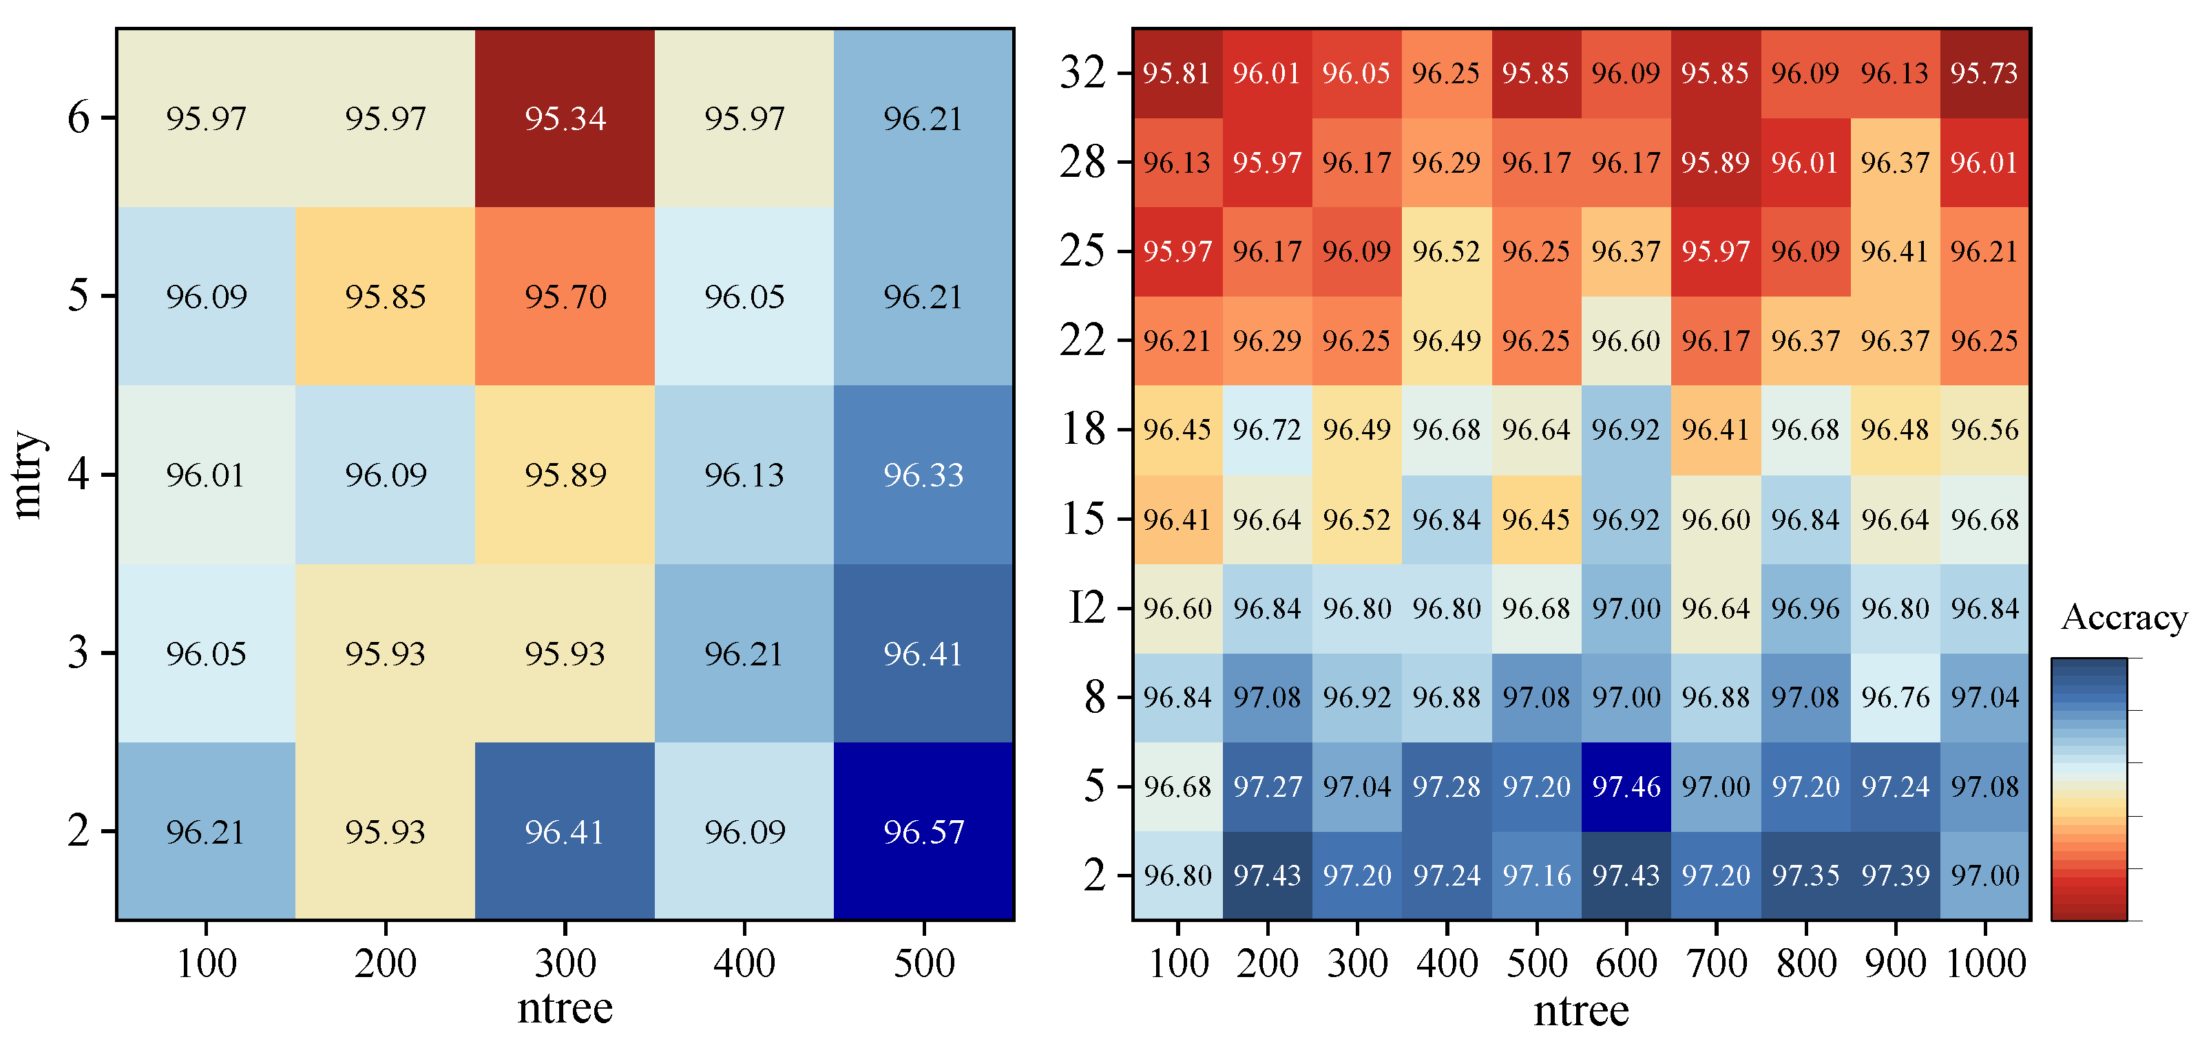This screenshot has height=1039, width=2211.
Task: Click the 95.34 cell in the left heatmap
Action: [565, 118]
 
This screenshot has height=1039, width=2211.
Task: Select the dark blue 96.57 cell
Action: [923, 831]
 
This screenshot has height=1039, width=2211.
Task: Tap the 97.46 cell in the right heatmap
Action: [1626, 786]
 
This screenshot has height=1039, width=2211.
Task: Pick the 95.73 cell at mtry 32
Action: [1984, 73]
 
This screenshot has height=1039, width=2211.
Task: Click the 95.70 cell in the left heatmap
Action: [565, 297]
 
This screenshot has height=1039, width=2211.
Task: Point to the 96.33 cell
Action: [923, 475]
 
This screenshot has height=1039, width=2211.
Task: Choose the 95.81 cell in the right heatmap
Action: [1177, 73]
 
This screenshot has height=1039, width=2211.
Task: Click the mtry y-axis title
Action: [28, 475]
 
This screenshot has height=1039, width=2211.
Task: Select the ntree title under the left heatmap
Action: [565, 1007]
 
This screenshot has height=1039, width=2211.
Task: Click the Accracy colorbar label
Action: [2124, 617]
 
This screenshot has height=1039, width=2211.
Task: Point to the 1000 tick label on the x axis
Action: [1985, 963]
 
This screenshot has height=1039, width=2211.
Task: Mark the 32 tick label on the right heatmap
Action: [1083, 72]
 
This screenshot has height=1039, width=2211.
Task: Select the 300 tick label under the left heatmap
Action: [565, 963]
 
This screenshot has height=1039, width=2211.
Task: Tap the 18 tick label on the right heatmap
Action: [1083, 428]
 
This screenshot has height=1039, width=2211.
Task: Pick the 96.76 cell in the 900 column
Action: [1894, 696]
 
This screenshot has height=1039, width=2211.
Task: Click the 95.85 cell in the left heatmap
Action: [386, 297]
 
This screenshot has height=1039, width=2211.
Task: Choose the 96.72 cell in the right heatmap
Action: [1267, 429]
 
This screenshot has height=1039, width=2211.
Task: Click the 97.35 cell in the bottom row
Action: [1805, 875]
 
